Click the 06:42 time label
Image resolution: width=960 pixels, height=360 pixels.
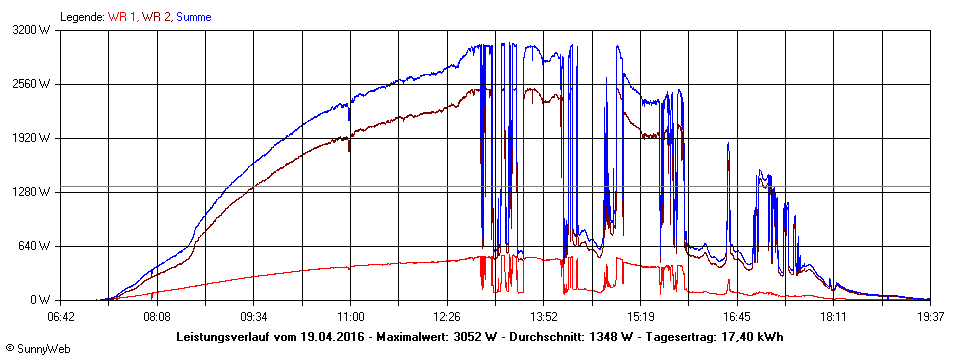pyautogui.click(x=61, y=316)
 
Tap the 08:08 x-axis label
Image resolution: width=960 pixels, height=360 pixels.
pyautogui.click(x=157, y=316)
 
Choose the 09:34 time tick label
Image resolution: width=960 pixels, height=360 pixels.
pyautogui.click(x=254, y=316)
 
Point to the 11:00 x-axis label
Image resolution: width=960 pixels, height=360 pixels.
pyautogui.click(x=350, y=316)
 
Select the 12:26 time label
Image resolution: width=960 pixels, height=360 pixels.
pyautogui.click(x=447, y=316)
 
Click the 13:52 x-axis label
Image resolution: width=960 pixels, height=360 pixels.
pyautogui.click(x=543, y=316)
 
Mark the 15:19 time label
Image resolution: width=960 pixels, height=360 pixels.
pyautogui.click(x=640, y=316)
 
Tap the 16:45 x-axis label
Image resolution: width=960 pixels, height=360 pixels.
pyautogui.click(x=737, y=316)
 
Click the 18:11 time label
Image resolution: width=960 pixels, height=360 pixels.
pyautogui.click(x=833, y=316)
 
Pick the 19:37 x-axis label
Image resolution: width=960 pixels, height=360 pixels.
pyautogui.click(x=929, y=316)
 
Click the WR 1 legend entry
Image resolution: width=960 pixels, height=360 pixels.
pyautogui.click(x=123, y=17)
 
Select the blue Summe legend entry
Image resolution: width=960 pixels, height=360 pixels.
pyautogui.click(x=194, y=17)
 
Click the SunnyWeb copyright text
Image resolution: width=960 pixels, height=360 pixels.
pyautogui.click(x=34, y=348)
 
